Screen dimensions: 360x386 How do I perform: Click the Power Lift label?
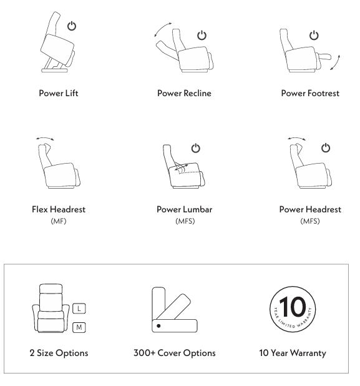[59, 93]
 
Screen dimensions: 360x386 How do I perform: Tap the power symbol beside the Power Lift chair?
[72, 26]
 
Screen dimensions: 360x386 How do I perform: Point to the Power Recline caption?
[184, 93]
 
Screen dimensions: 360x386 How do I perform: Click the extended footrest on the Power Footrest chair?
[325, 57]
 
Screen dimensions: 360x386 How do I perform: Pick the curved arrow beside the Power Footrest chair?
[336, 63]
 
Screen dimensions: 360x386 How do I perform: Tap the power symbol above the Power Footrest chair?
[314, 35]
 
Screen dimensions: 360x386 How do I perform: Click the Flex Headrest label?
[59, 209]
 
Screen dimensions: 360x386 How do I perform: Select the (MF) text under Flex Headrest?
[59, 221]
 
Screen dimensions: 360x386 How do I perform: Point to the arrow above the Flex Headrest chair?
[45, 139]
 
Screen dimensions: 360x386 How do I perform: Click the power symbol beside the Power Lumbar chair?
[196, 148]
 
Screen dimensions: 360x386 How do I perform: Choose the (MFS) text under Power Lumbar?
[185, 221]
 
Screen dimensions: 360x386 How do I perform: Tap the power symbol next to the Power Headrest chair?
[326, 148]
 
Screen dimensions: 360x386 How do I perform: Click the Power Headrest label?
[310, 209]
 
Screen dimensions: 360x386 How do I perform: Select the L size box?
[79, 309]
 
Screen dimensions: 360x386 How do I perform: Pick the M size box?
[79, 327]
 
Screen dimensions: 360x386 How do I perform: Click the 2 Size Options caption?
[59, 353]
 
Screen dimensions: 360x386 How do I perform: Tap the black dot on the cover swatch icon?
[158, 326]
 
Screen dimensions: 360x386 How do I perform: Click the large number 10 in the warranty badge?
[293, 306]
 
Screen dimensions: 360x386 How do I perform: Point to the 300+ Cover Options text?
[175, 353]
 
